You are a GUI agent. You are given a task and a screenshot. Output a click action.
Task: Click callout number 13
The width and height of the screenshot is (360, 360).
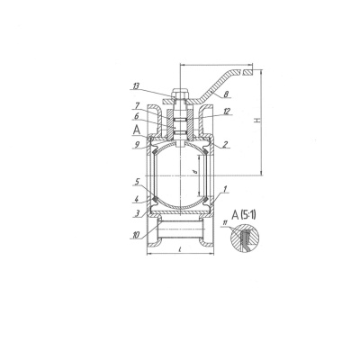click(x=136, y=86)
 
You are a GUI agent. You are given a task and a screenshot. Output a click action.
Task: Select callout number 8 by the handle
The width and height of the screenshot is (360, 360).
click(x=227, y=94)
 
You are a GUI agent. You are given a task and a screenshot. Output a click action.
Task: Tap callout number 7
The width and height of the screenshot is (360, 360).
click(x=137, y=105)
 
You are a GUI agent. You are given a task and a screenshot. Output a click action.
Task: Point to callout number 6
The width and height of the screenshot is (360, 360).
click(x=136, y=116)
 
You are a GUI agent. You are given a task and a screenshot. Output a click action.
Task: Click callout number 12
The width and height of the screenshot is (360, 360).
click(x=227, y=112)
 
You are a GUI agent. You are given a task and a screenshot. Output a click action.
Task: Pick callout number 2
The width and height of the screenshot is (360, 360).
click(x=226, y=145)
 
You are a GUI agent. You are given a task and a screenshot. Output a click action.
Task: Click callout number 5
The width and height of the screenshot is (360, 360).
click(x=138, y=182)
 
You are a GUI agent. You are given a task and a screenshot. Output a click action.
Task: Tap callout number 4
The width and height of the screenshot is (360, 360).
click(x=136, y=199)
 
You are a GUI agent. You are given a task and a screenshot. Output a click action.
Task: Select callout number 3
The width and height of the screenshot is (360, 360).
click(x=138, y=213)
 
